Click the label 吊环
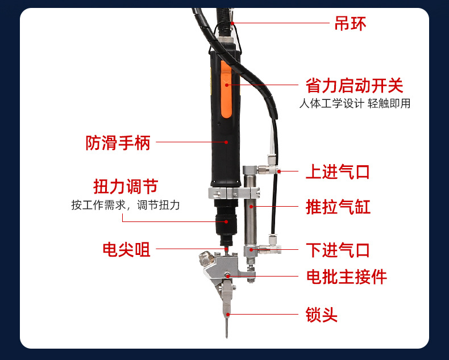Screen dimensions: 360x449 [350, 23]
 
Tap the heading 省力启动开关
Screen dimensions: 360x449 [354, 86]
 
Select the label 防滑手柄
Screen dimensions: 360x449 [118, 142]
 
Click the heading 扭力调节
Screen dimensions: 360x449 [125, 186]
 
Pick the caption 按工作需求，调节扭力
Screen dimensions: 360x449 [125, 205]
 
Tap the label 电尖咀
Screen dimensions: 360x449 [126, 249]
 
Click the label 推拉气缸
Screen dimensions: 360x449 [338, 207]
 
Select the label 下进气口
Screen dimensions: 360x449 [338, 249]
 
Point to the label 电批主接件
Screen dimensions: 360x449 [346, 277]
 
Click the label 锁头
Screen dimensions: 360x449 [322, 315]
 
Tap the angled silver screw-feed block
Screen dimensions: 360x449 [213, 273]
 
